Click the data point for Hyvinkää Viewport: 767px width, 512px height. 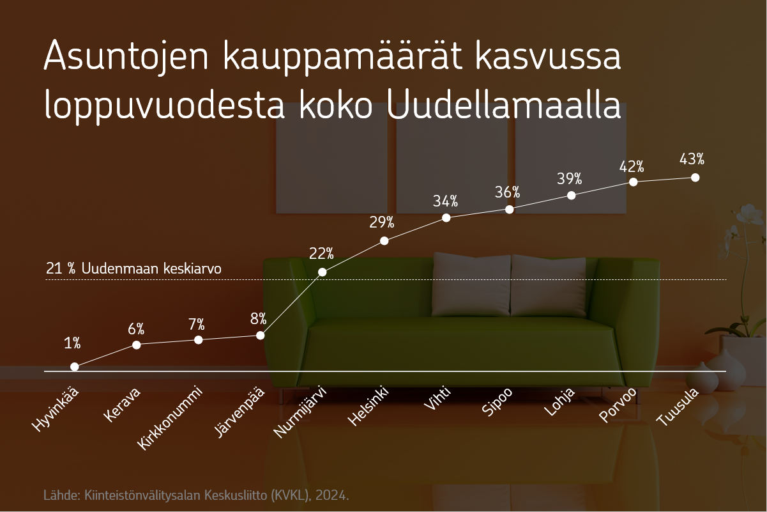click(74, 367)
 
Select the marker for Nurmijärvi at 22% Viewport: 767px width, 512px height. click(323, 272)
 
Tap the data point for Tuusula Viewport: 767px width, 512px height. click(695, 178)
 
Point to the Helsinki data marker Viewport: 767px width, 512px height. click(384, 241)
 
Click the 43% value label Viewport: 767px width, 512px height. click(692, 159)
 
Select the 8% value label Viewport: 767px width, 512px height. click(258, 319)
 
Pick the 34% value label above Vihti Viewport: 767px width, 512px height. click(445, 201)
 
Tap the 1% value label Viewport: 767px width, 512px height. click(72, 343)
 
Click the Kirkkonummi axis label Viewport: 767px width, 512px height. click(169, 418)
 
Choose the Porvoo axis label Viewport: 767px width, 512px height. click(618, 405)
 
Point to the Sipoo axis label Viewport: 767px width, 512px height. click(497, 401)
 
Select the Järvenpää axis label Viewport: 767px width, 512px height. click(239, 412)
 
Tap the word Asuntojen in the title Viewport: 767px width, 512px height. click(126, 56)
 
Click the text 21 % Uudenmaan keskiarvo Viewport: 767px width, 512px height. click(133, 268)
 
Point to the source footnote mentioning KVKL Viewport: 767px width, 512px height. click(196, 495)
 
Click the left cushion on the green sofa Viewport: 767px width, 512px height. click(471, 284)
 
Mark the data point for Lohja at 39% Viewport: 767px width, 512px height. click(571, 196)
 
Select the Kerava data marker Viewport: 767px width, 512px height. click(136, 345)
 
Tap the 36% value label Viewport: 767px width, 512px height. click(507, 192)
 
